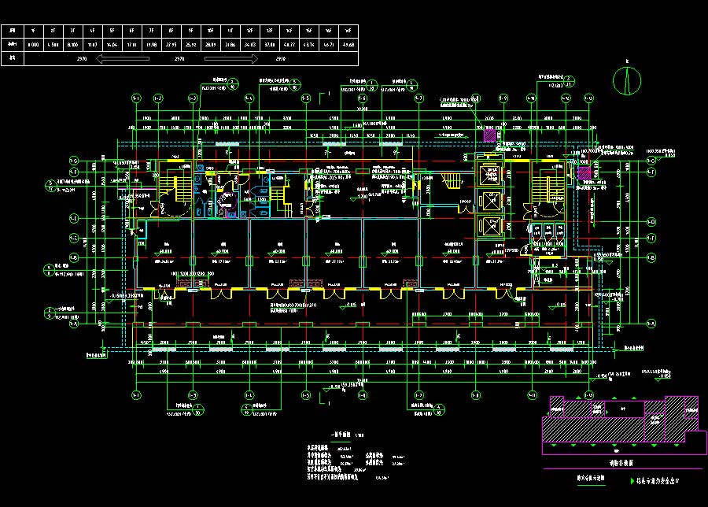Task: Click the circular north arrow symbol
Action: tap(627, 79)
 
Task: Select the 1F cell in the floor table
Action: tap(33, 31)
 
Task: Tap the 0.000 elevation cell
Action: tap(33, 45)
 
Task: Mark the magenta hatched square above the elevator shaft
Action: tap(489, 135)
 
